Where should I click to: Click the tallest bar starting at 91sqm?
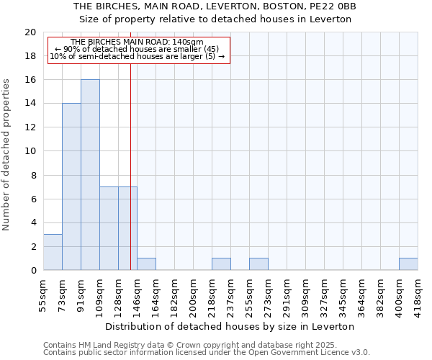90,175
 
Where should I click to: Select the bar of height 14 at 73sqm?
71,186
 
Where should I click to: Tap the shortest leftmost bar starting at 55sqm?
53,252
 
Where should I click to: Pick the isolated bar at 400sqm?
408,264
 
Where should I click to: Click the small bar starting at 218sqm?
221,264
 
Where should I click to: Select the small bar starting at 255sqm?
258,264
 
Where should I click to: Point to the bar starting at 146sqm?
146,264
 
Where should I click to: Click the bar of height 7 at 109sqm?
109,228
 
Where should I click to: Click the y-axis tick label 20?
30,32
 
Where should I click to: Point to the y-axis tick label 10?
30,151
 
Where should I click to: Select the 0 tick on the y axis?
32,270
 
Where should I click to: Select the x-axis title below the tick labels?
230,326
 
